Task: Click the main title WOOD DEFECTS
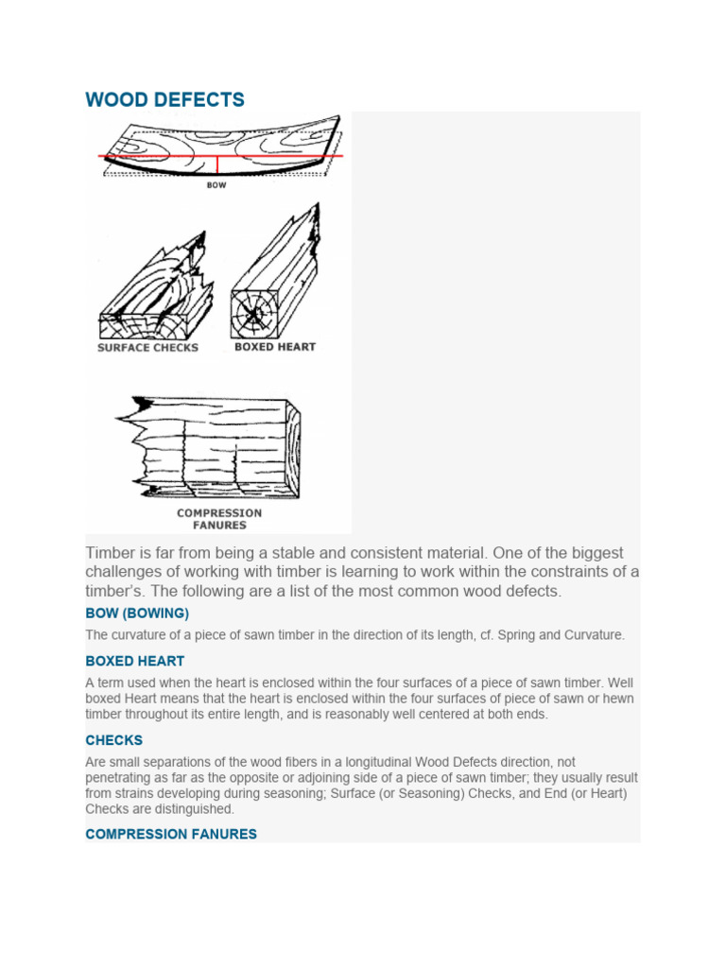click(164, 99)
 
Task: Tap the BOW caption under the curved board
click(217, 185)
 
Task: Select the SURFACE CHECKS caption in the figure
click(147, 348)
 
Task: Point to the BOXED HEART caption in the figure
click(274, 347)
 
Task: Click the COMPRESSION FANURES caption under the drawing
click(219, 519)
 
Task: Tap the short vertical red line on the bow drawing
click(218, 165)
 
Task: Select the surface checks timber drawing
click(151, 288)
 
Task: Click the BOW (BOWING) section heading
click(137, 614)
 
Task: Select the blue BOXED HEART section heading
click(134, 661)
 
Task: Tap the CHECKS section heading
click(113, 740)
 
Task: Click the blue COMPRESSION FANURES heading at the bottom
click(170, 835)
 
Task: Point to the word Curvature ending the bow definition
click(592, 635)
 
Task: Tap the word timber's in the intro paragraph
click(115, 592)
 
